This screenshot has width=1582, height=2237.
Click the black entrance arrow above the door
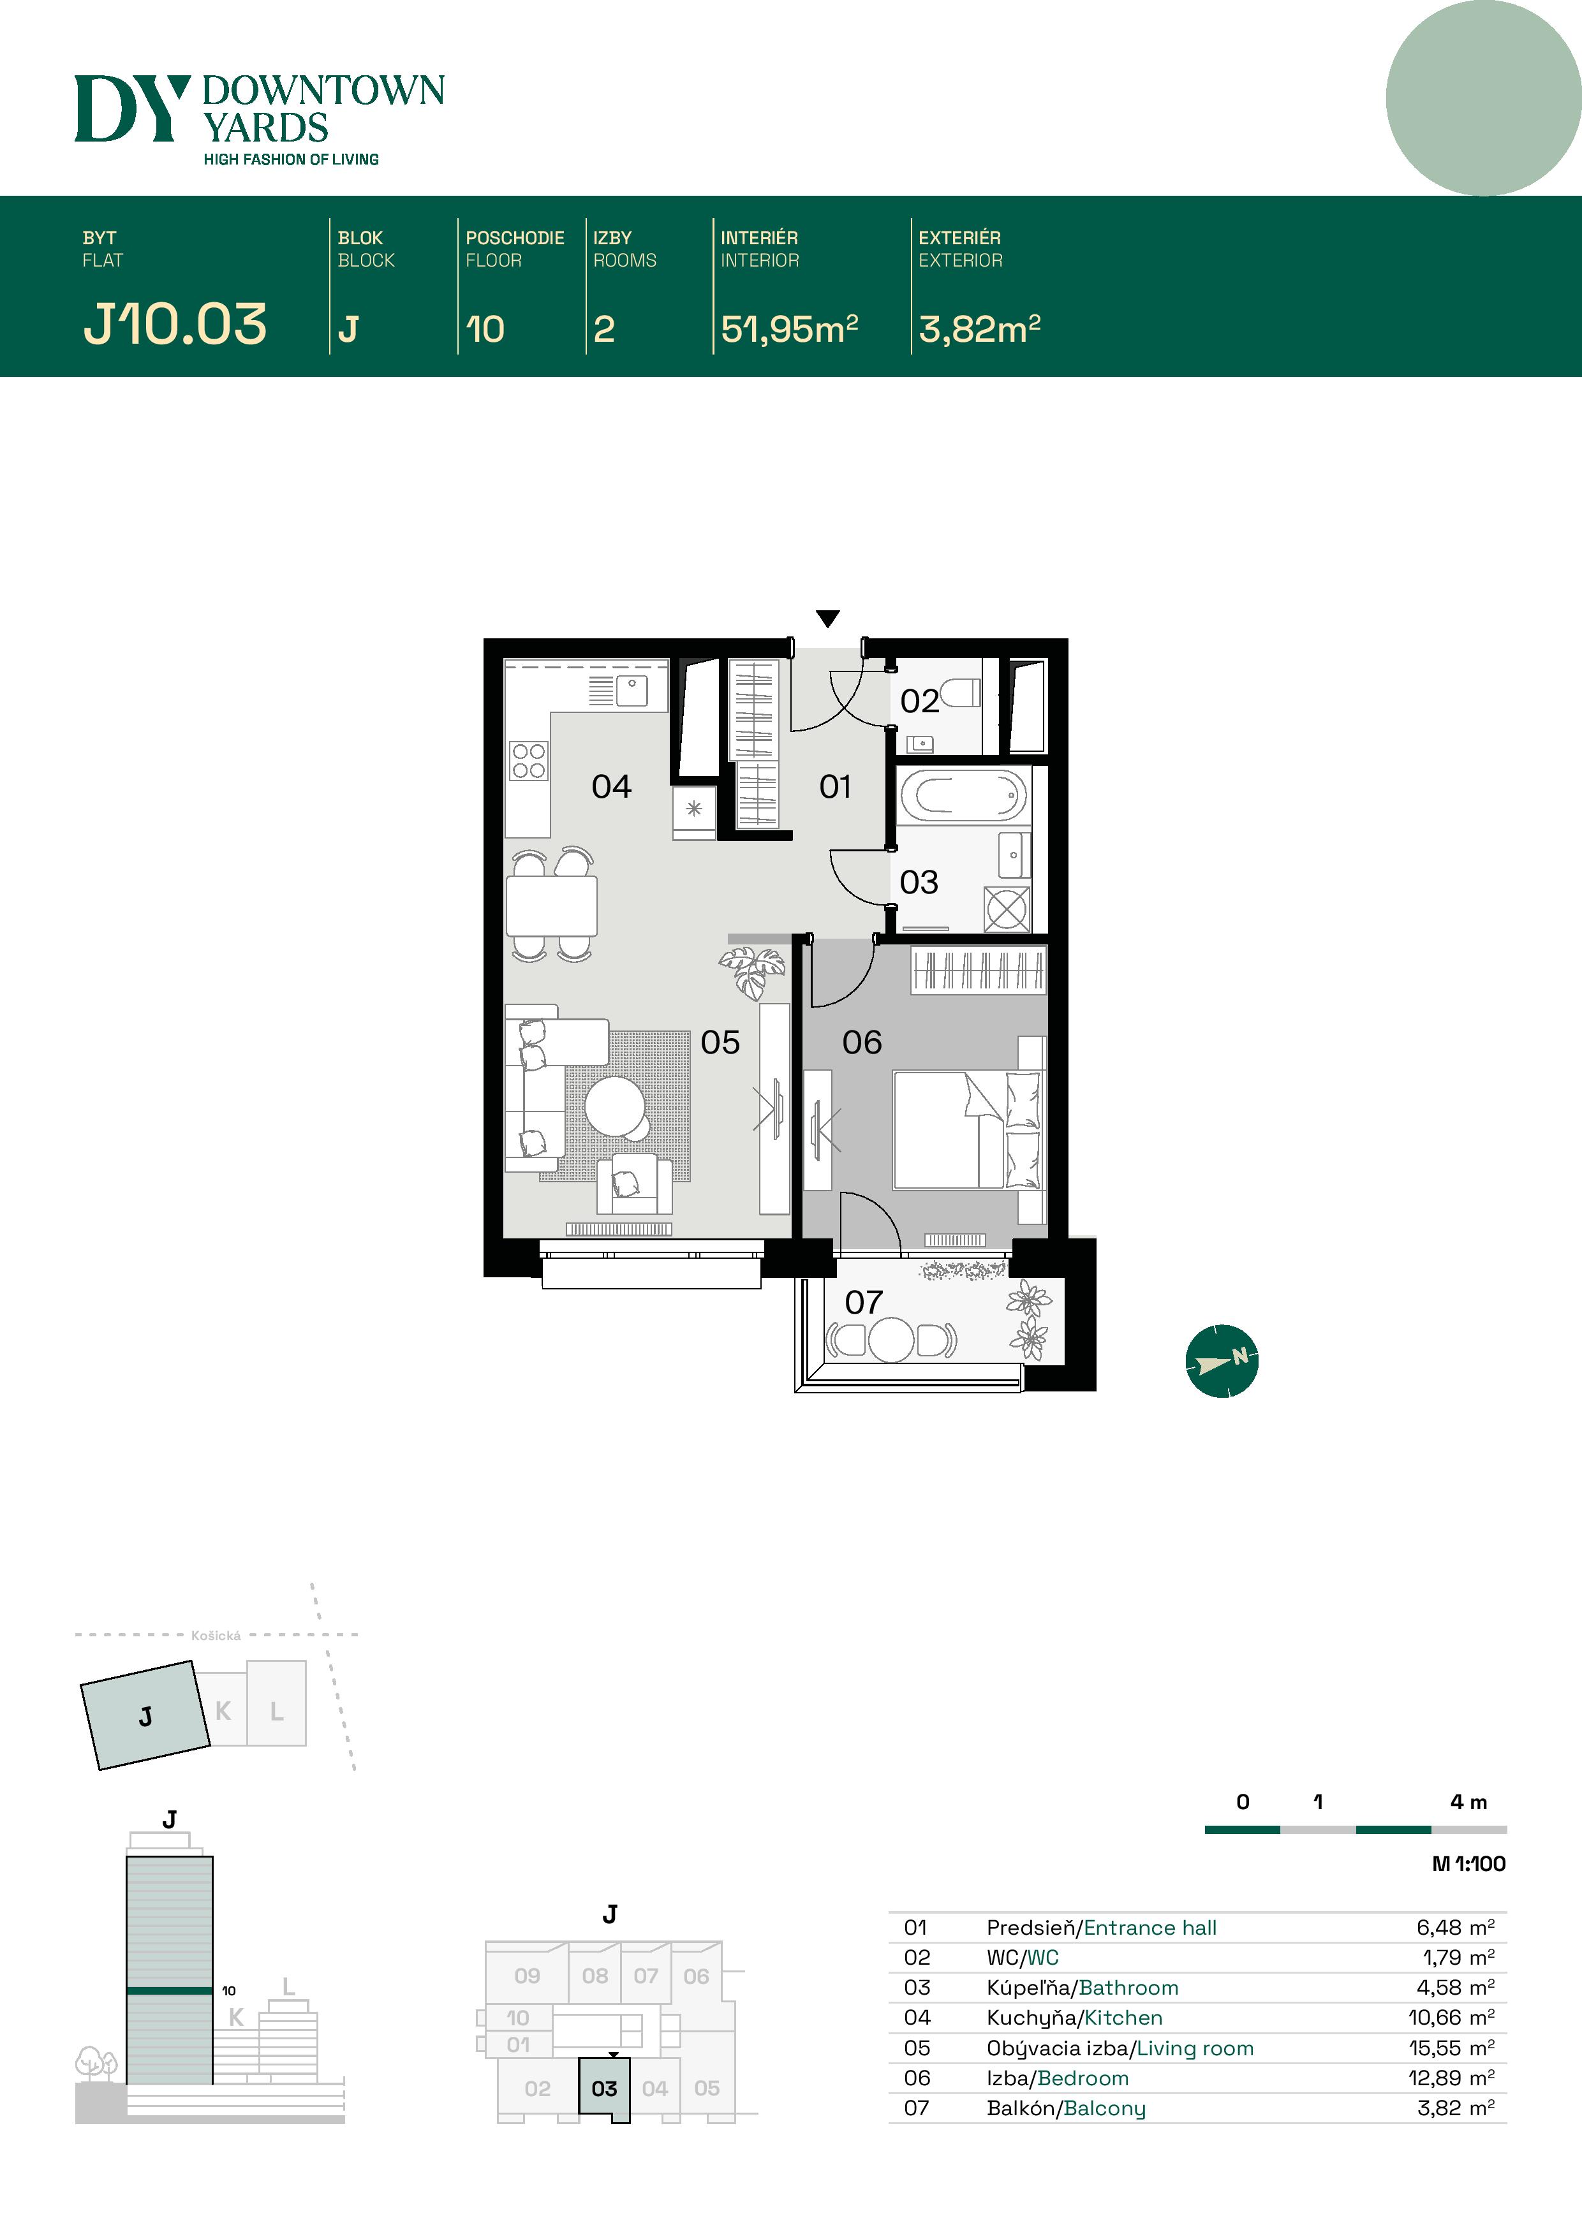point(827,619)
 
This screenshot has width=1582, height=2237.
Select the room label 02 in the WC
point(919,701)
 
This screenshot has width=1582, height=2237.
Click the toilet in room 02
point(960,693)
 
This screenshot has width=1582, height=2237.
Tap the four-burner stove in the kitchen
point(528,760)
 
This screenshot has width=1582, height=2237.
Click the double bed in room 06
point(965,1130)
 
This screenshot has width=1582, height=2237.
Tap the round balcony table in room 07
point(891,1340)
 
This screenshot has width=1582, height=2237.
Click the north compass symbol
point(1222,1361)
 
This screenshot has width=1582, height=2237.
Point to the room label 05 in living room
point(720,1043)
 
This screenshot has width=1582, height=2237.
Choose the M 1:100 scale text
point(1468,1864)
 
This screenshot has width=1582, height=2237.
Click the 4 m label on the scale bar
point(1468,1803)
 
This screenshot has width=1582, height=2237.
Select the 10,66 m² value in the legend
point(1451,2018)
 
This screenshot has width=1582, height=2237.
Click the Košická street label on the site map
point(216,1636)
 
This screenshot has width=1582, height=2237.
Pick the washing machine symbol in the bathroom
point(1006,910)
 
